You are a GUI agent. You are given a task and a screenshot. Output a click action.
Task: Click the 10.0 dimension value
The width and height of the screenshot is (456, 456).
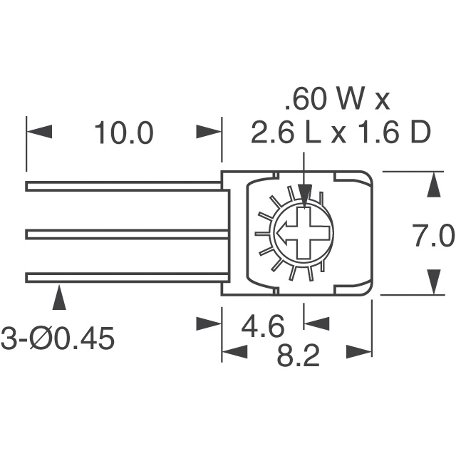(123, 133)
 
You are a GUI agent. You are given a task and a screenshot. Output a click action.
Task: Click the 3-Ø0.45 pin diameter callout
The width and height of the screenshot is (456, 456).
(57, 338)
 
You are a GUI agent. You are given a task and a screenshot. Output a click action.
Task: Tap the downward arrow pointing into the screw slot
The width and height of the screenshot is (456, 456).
(305, 195)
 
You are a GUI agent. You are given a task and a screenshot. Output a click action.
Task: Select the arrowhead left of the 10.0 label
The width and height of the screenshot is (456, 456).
(39, 133)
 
